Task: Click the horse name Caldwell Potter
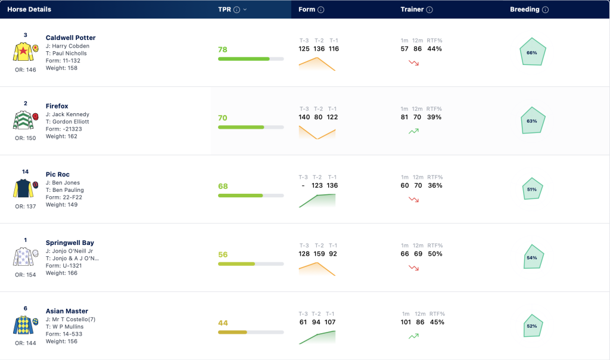70,38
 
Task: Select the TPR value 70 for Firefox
223,118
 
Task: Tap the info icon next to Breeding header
546,10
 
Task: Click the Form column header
307,10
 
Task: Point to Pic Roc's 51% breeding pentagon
532,189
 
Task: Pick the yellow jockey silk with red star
23,51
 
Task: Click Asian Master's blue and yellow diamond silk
23,325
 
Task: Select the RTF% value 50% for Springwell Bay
435,254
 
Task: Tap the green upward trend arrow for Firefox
413,131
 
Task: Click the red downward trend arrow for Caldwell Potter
413,63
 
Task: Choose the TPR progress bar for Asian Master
251,333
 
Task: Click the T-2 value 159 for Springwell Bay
319,254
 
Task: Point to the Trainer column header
412,10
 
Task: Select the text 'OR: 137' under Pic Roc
25,207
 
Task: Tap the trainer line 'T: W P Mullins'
64,327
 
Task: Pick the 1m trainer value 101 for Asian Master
406,322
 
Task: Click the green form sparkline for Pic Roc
317,200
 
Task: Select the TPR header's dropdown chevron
245,10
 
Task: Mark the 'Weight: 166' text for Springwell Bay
61,273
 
